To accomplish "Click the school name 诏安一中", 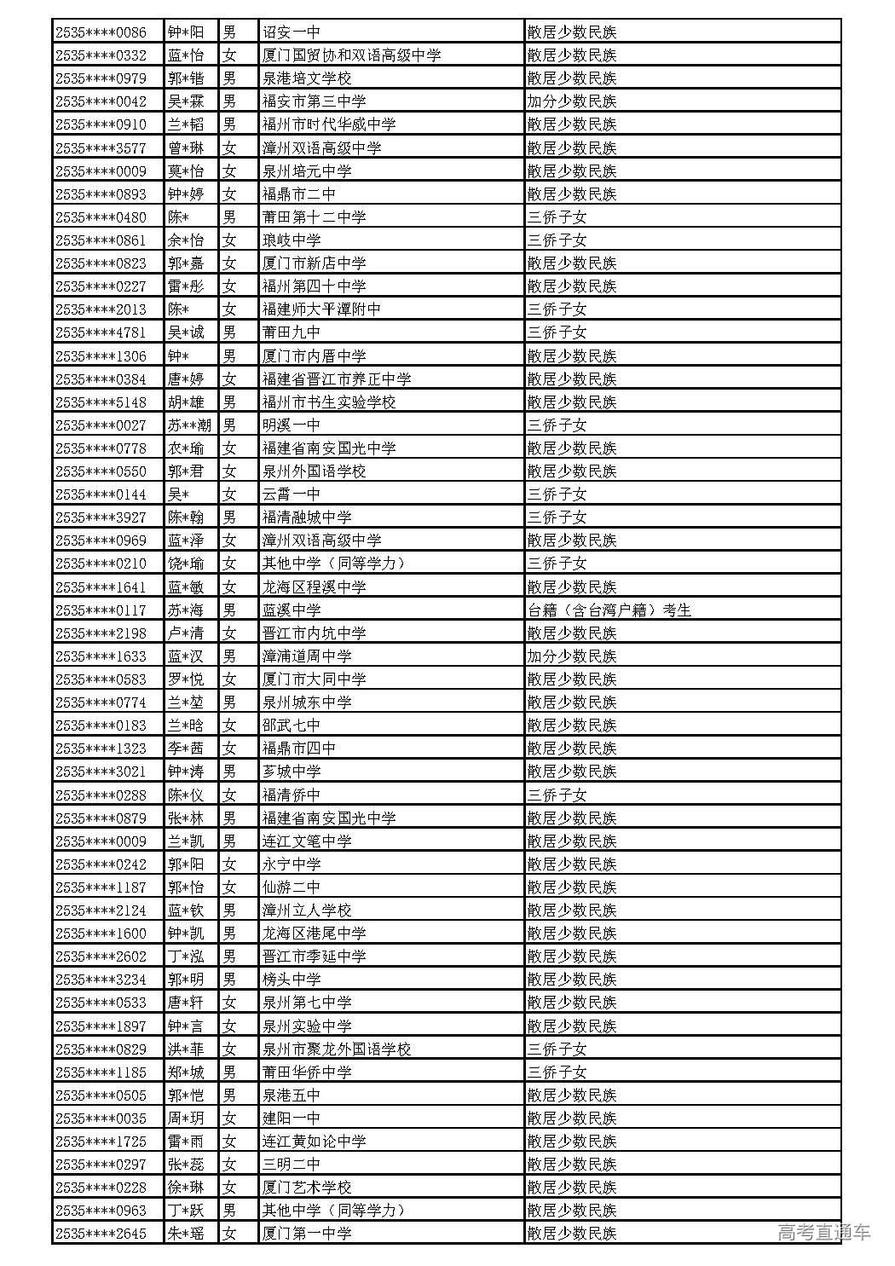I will [x=292, y=32].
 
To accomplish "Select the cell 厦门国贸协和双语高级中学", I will [x=351, y=55].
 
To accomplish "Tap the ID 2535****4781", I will [x=101, y=332].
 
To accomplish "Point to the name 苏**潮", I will [x=189, y=425].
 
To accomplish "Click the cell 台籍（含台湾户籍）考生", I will [x=609, y=610].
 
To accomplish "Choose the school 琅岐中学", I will [x=292, y=240].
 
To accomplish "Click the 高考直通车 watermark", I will [x=823, y=1232].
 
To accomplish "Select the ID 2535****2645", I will [x=101, y=1233].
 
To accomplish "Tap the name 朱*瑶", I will [x=186, y=1233].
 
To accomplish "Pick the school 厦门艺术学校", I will [x=307, y=1187].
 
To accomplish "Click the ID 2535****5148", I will [x=101, y=402].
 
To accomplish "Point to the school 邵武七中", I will [x=292, y=725].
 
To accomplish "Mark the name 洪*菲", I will [x=186, y=1049].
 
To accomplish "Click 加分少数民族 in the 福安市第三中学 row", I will [x=571, y=101].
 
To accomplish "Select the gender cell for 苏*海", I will [x=229, y=610].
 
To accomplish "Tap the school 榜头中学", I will [x=292, y=980].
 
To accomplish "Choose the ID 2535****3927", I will [x=101, y=517].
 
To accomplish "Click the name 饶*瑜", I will [x=186, y=564].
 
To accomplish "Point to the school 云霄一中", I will [x=292, y=494].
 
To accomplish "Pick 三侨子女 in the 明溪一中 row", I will [x=557, y=425].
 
